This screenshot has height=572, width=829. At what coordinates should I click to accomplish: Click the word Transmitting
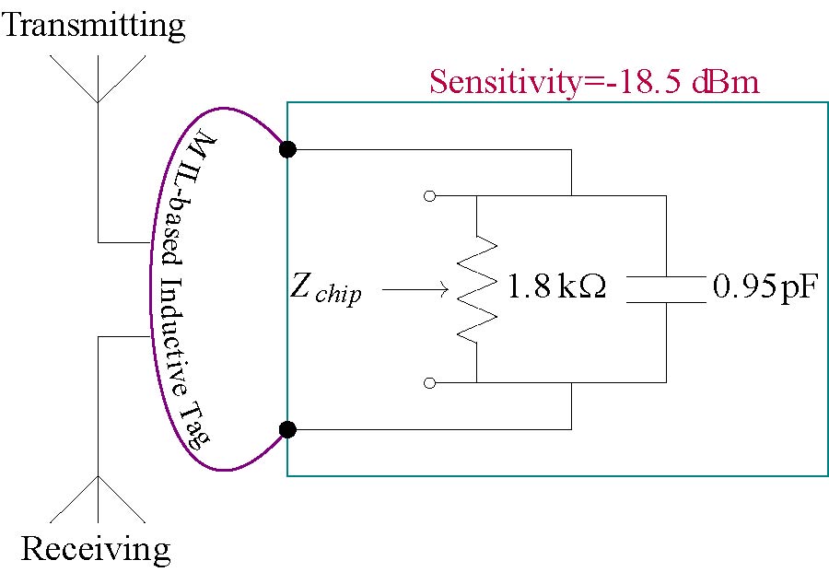pos(94,25)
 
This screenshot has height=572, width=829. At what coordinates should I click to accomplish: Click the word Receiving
pos(96,549)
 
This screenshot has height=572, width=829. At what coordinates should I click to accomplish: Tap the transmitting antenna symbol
pos(98,78)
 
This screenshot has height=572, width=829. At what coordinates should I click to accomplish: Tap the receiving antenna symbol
pos(98,497)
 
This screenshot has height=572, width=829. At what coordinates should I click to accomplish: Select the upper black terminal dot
pos(287,149)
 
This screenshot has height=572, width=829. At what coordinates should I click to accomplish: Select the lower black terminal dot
pos(287,429)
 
